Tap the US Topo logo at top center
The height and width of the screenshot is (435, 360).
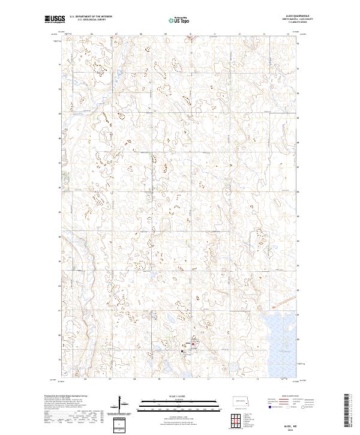tap(178, 20)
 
